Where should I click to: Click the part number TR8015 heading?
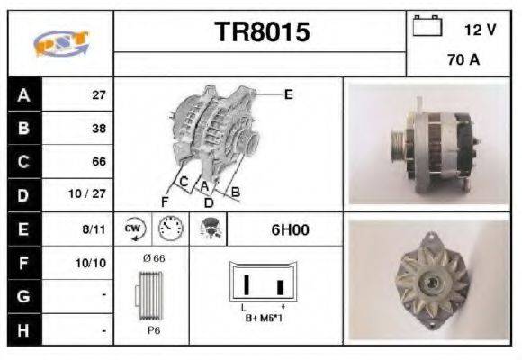[x=261, y=33]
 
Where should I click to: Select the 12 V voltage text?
[x=480, y=30]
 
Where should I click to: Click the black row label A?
[x=23, y=94]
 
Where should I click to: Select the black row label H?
[x=23, y=330]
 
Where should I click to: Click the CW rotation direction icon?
[x=134, y=229]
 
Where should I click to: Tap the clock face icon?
[x=167, y=229]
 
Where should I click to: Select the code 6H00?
[x=290, y=229]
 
